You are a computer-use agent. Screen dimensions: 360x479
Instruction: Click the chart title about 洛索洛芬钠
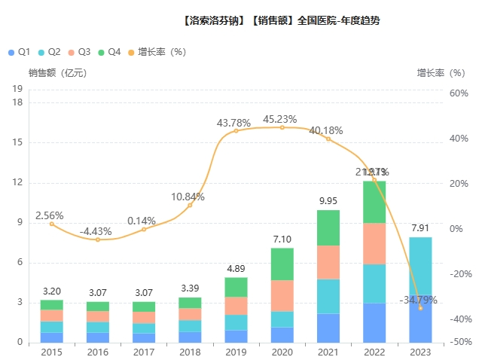pyautogui.click(x=281, y=20)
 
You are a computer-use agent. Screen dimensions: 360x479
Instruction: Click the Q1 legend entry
pyautogui.click(x=18, y=52)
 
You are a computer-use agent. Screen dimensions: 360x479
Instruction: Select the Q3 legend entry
pyautogui.click(x=79, y=52)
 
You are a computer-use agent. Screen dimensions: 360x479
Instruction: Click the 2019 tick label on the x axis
pyautogui.click(x=236, y=352)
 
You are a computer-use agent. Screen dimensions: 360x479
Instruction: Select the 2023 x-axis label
pyautogui.click(x=420, y=352)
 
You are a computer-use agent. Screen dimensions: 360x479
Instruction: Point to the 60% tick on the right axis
pyautogui.click(x=459, y=93)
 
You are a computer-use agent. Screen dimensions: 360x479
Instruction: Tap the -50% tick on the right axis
pyautogui.click(x=458, y=343)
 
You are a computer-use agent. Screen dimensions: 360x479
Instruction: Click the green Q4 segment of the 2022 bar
pyautogui.click(x=374, y=202)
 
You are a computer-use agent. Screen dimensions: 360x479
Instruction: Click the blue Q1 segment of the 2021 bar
pyautogui.click(x=328, y=328)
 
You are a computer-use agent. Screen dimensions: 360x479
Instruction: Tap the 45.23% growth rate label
pyautogui.click(x=279, y=119)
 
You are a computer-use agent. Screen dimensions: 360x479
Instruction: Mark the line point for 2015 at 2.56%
pyautogui.click(x=52, y=224)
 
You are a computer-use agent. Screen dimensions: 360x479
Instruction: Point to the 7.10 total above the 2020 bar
pyautogui.click(x=282, y=238)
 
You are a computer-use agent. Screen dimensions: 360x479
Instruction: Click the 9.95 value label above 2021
pyautogui.click(x=328, y=200)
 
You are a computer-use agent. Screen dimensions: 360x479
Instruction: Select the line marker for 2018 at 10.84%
pyautogui.click(x=191, y=205)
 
